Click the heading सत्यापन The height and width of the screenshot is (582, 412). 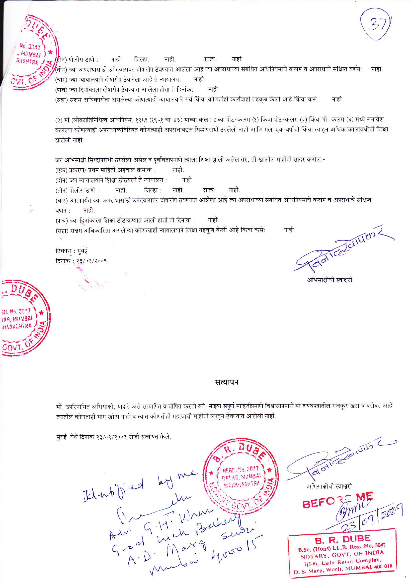(226, 382)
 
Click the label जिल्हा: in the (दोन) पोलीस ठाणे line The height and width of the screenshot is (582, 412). (141, 60)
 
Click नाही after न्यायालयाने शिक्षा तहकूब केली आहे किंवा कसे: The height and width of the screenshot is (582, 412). (290, 230)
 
